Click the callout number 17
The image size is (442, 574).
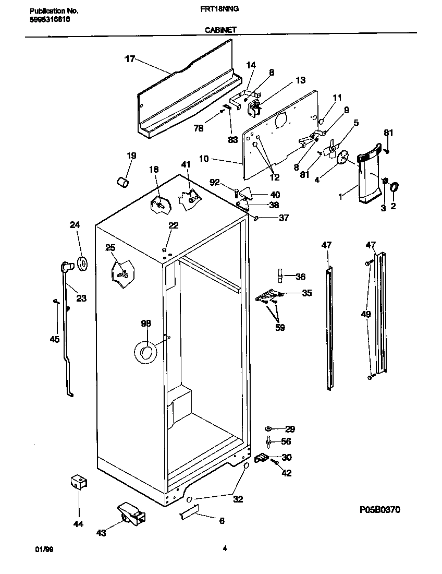click(x=129, y=59)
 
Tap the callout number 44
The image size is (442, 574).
click(x=79, y=523)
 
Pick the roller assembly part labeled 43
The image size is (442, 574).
click(x=130, y=514)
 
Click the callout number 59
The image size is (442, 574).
click(x=280, y=328)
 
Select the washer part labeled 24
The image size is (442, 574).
click(x=82, y=264)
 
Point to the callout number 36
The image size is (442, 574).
click(x=300, y=277)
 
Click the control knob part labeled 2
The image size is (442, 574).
click(x=394, y=186)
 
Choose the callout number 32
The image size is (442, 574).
click(x=238, y=499)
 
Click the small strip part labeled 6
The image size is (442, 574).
click(x=187, y=515)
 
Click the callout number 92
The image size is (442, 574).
click(x=215, y=183)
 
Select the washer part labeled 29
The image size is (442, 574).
click(x=269, y=428)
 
